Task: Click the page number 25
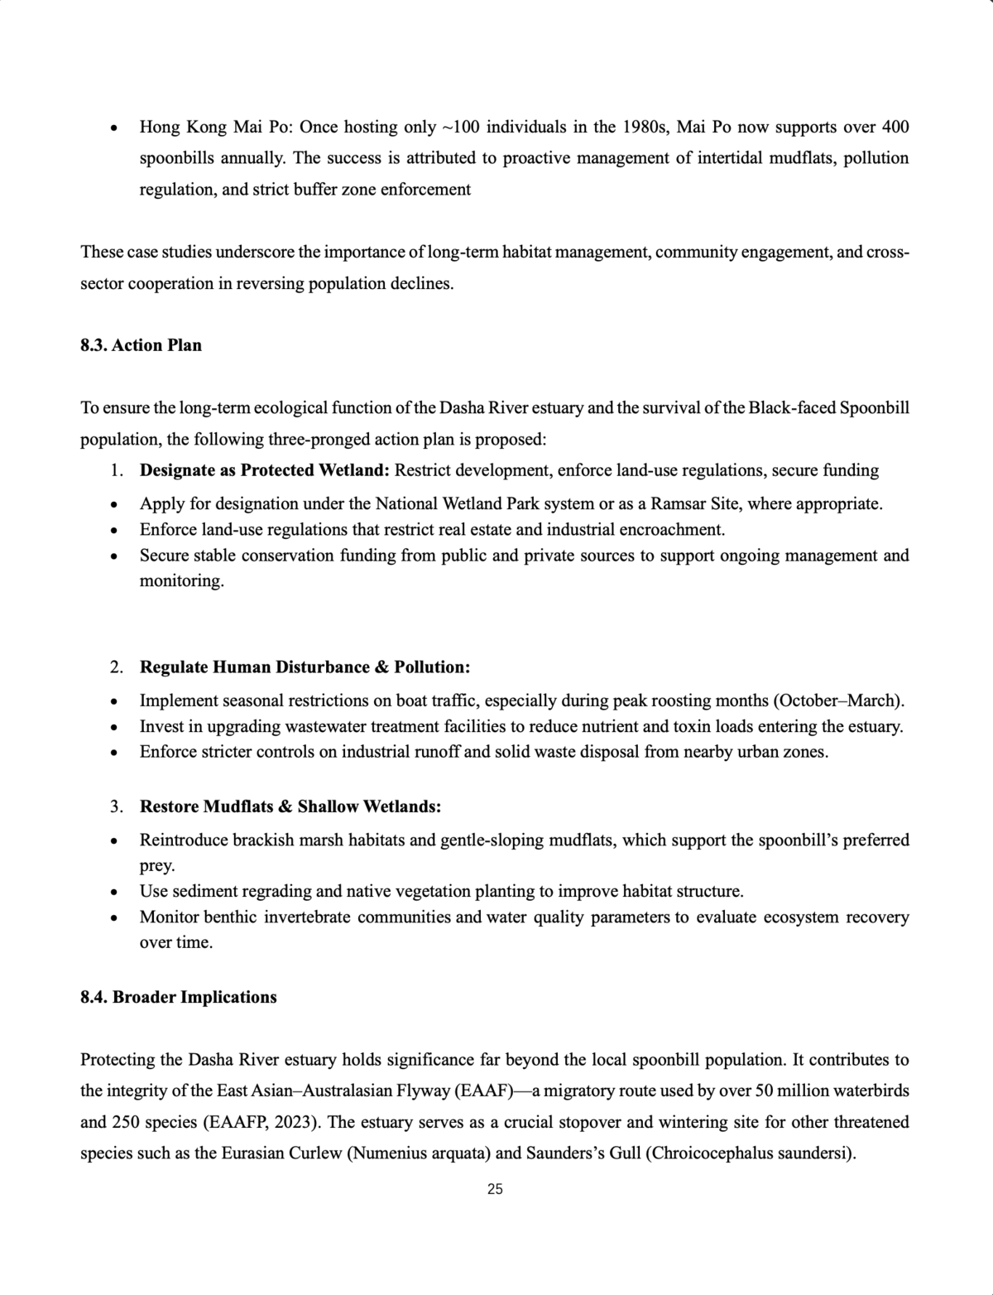tap(495, 1189)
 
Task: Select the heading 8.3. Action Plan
tap(141, 345)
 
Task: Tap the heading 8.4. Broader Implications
tap(178, 997)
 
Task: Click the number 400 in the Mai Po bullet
tap(895, 127)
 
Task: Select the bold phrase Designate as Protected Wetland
tap(264, 470)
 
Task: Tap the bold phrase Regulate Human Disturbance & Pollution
tap(305, 667)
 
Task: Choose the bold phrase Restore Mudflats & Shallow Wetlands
tap(290, 806)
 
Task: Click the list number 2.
tap(117, 667)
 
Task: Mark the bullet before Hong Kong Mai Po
tap(114, 128)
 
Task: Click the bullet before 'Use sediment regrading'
tap(114, 893)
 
